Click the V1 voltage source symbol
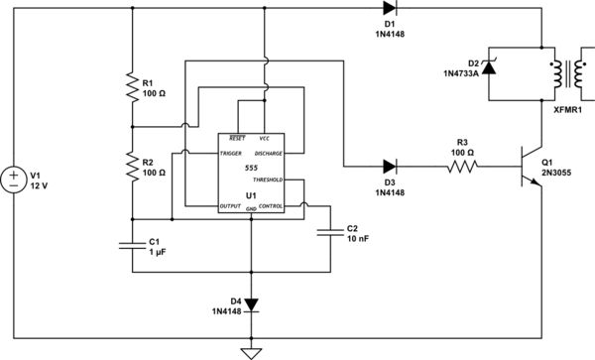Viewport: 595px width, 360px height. point(14,179)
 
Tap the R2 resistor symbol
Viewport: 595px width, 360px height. point(133,166)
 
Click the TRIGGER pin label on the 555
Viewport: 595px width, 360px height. point(231,155)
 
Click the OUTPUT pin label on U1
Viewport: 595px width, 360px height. point(230,205)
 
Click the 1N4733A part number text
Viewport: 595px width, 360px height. point(460,72)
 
